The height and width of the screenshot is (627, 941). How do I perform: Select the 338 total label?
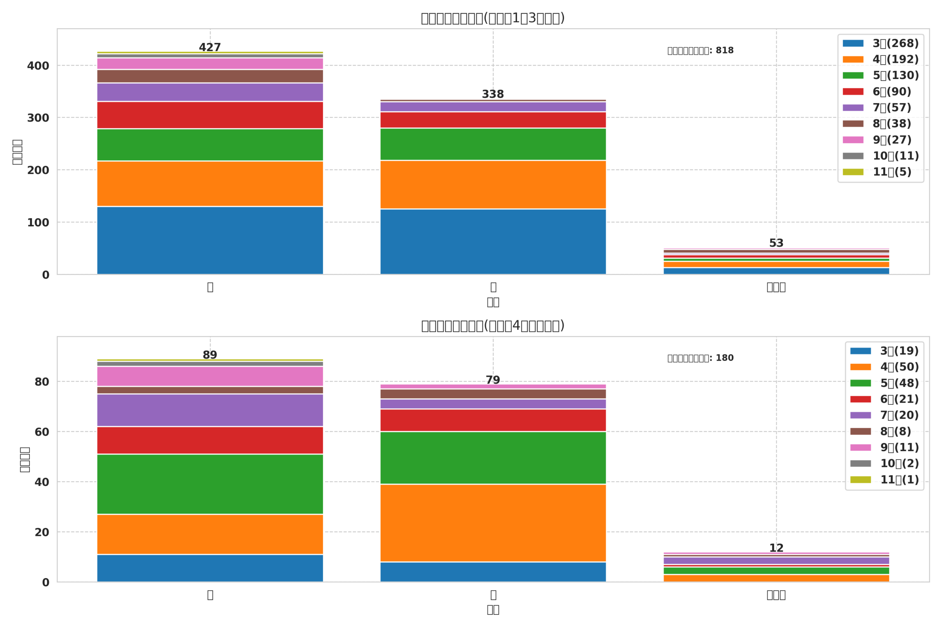point(493,94)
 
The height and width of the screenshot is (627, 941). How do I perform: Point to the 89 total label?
point(210,355)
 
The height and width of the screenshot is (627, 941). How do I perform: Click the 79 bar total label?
point(493,380)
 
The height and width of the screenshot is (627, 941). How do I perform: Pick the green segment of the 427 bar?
point(210,145)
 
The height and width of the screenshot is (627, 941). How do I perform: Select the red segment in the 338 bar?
point(493,120)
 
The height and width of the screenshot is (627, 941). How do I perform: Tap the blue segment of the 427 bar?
point(210,240)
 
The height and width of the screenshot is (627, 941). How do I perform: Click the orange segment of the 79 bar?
point(493,523)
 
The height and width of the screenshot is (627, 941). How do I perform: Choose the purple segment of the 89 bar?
point(210,410)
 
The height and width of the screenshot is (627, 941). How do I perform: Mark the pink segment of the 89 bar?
point(210,376)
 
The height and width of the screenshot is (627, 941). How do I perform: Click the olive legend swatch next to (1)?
point(860,480)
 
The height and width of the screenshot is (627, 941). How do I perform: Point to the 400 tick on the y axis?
point(38,66)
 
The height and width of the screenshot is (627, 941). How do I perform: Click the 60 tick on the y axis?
point(42,432)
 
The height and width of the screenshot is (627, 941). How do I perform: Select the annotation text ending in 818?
point(700,51)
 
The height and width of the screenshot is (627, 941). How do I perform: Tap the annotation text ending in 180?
point(700,358)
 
